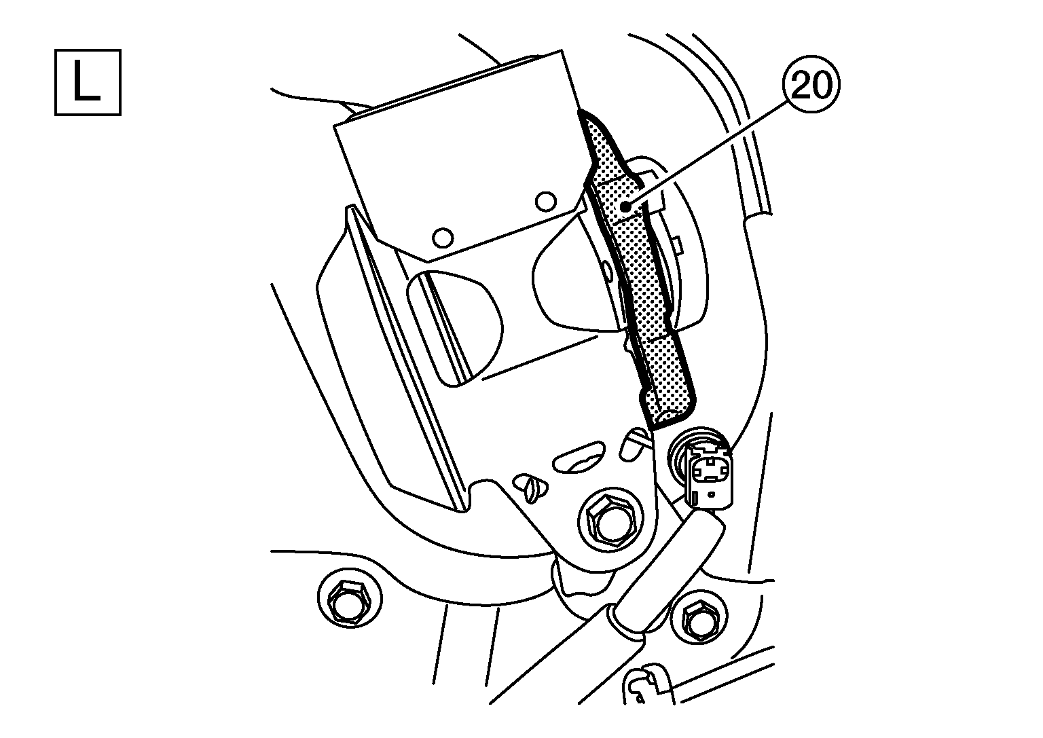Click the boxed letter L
(88, 82)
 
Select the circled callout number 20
(811, 87)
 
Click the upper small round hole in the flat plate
(543, 201)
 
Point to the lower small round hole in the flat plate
(442, 237)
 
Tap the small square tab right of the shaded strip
(676, 240)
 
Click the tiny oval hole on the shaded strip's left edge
(607, 270)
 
